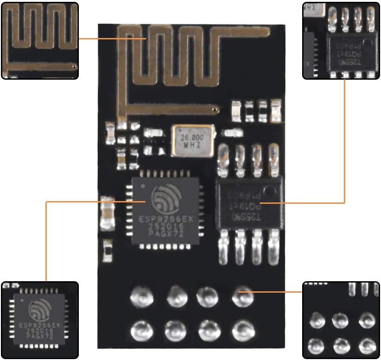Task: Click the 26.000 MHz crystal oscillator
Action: coord(193,139)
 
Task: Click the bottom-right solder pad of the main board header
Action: coord(242,328)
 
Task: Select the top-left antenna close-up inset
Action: coord(39,40)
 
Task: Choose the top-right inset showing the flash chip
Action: coord(341,40)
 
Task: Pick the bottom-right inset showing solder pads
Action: coord(341,320)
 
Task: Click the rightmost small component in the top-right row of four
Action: coord(276,112)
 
